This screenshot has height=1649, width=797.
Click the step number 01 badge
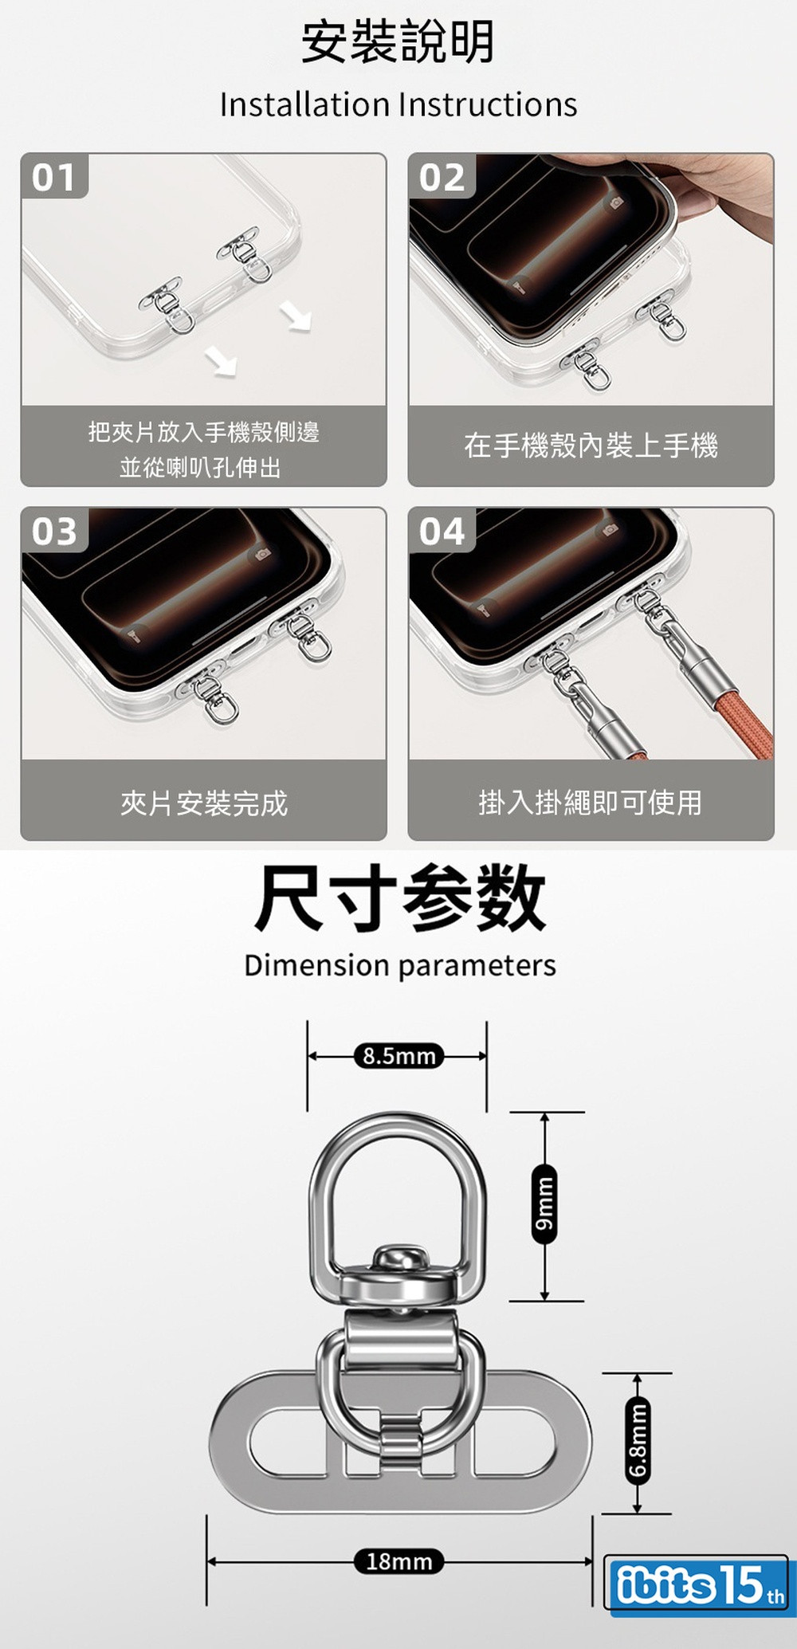pyautogui.click(x=54, y=176)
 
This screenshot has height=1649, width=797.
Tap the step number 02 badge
pyautogui.click(x=442, y=176)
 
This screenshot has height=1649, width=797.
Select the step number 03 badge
pyautogui.click(x=54, y=531)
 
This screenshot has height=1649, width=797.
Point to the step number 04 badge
pyautogui.click(x=442, y=531)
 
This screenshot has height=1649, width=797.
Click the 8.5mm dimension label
pyautogui.click(x=398, y=1056)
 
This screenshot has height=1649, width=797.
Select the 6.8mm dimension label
pyautogui.click(x=638, y=1442)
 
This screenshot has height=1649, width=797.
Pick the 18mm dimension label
pyautogui.click(x=398, y=1561)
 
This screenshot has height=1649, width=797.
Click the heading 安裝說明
pyautogui.click(x=398, y=42)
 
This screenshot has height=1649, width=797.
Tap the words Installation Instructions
pyautogui.click(x=398, y=104)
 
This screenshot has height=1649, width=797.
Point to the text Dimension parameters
pyautogui.click(x=400, y=965)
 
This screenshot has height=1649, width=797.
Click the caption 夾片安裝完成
pyautogui.click(x=204, y=803)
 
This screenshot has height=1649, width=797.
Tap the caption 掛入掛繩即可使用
pyautogui.click(x=591, y=802)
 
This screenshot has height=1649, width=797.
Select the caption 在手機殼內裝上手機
pyautogui.click(x=591, y=445)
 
